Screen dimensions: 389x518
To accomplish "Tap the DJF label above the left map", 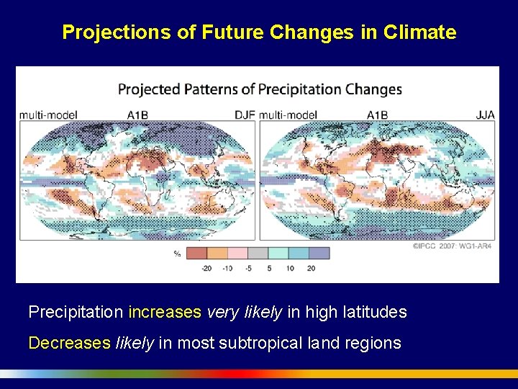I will click(x=244, y=115).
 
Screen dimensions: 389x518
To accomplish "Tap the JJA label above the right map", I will click(x=485, y=115).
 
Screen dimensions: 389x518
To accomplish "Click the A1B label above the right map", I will click(x=377, y=115).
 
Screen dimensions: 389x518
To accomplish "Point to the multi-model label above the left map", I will click(x=48, y=115).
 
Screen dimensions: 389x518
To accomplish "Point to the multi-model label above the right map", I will click(x=288, y=115).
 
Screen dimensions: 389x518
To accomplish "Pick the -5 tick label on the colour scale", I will click(x=247, y=268).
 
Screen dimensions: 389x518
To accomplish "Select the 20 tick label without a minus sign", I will click(x=310, y=268).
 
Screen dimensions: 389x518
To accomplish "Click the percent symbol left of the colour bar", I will click(x=177, y=254).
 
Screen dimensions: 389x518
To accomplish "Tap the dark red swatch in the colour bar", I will click(x=196, y=254).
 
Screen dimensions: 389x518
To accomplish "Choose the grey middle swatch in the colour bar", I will click(x=258, y=254).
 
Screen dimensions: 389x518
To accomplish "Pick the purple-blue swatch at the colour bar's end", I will click(x=319, y=254).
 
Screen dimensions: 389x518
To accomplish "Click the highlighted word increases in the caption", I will click(x=165, y=313).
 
